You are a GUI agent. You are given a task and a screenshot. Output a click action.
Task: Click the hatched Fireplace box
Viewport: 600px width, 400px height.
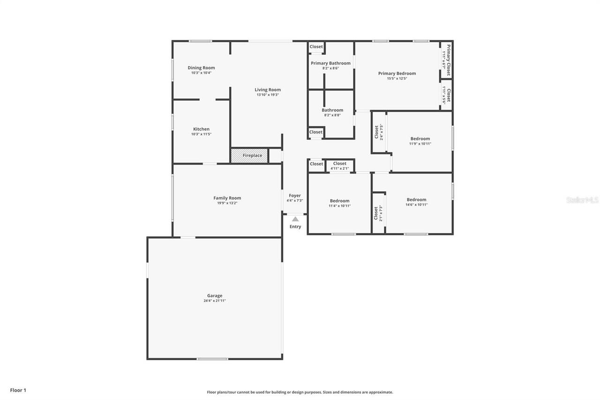tap(249, 156)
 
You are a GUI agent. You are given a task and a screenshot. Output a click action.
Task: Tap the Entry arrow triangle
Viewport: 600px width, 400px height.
tap(295, 219)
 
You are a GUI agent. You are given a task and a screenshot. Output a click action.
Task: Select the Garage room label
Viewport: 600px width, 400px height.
tap(215, 296)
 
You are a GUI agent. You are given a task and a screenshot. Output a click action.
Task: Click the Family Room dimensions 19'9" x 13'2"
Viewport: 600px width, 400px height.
tap(227, 203)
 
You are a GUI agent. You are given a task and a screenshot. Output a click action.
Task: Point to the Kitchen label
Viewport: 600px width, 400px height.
tap(201, 129)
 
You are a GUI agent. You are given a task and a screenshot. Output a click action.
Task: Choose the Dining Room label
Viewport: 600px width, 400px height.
tap(201, 68)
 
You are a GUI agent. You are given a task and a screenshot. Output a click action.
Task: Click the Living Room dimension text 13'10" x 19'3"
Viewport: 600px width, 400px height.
tap(268, 95)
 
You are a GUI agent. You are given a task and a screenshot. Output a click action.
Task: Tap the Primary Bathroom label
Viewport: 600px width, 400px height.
tap(330, 63)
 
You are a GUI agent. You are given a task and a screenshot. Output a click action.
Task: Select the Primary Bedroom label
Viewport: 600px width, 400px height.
tap(397, 73)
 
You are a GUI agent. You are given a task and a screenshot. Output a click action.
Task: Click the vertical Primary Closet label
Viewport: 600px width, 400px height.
tap(448, 60)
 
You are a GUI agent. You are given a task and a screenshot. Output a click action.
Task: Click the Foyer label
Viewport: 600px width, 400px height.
tap(295, 196)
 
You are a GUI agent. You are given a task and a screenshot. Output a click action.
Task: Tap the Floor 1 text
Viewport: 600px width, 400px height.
tap(18, 390)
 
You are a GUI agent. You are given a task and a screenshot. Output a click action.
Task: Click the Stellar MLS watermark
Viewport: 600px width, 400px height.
tap(582, 200)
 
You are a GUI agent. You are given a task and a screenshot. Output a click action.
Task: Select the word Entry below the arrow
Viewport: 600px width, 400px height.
tap(295, 226)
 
